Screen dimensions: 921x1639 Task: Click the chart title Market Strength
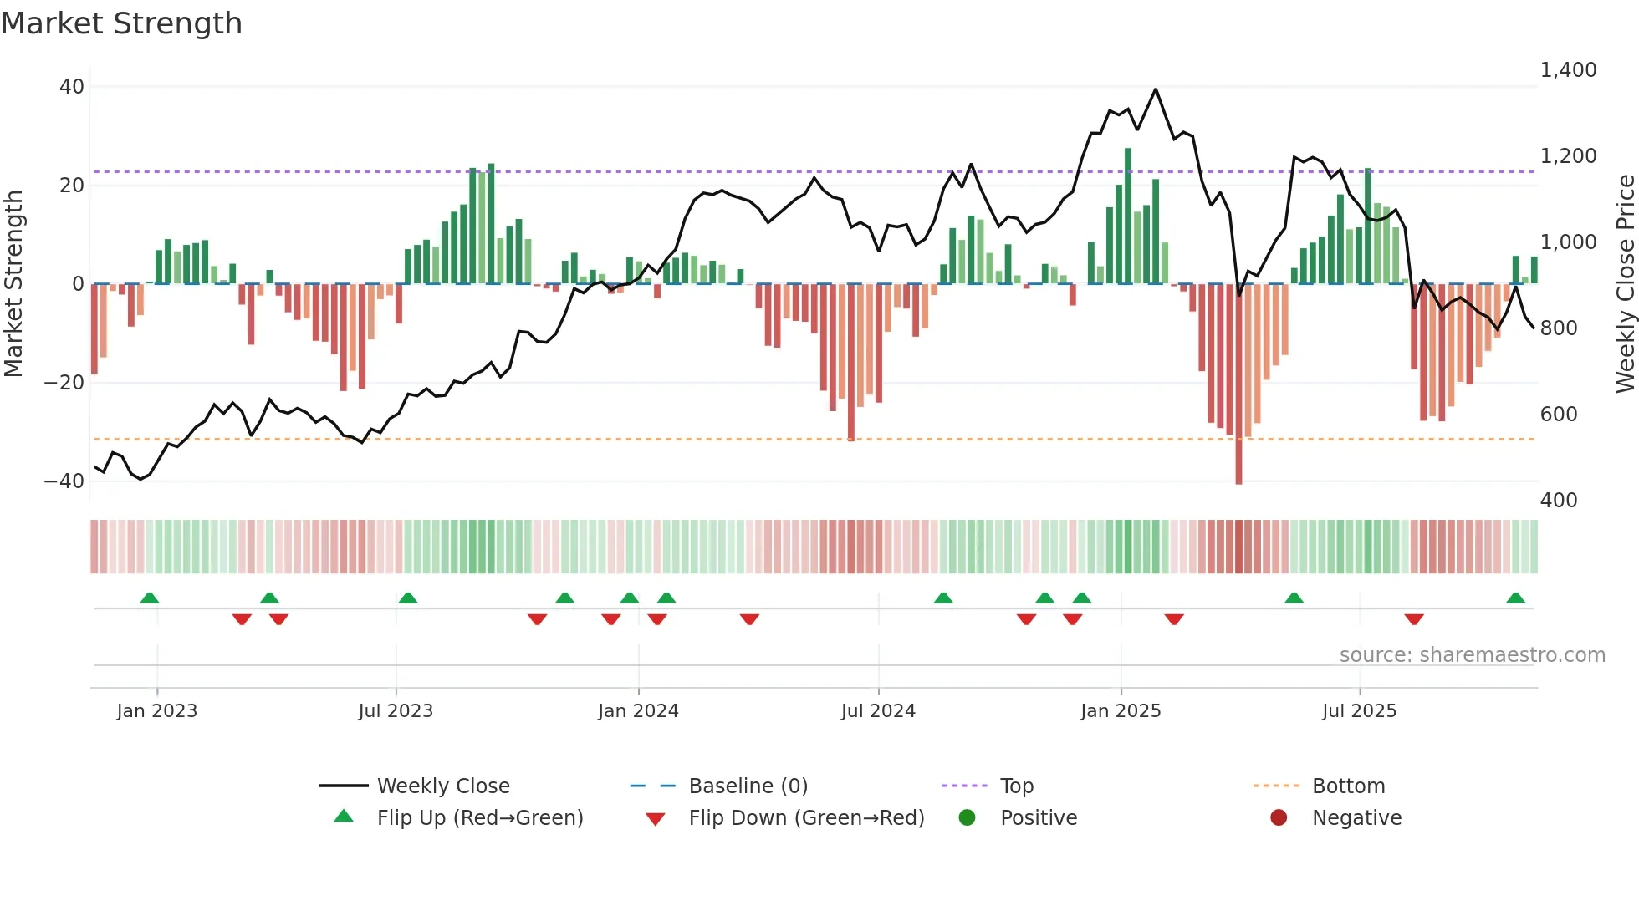(121, 23)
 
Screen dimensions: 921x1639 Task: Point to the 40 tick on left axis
(72, 87)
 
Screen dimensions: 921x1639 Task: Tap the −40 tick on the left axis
(64, 481)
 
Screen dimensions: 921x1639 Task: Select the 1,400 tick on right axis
(1568, 70)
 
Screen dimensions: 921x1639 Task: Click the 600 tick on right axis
(1558, 415)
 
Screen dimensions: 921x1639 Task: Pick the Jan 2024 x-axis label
(638, 711)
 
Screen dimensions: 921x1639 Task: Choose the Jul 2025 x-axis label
(1359, 711)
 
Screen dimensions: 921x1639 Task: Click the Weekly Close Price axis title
(1625, 284)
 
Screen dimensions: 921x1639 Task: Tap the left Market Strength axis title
(14, 284)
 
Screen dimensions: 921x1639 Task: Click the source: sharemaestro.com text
(1472, 655)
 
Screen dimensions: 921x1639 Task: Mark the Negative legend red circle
(1279, 818)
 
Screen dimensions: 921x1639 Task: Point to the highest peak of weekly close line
(1156, 89)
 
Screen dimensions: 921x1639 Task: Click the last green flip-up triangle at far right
(1515, 598)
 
